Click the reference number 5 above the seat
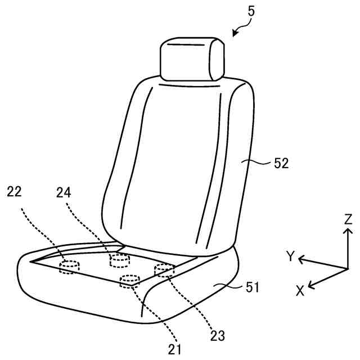tap(251, 11)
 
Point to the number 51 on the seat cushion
tap(252, 288)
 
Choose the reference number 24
tap(64, 192)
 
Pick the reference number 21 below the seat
tap(175, 349)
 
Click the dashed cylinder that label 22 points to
tap(70, 267)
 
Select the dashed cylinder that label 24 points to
tap(119, 259)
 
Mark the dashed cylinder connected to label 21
tap(130, 280)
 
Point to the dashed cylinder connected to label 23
tap(164, 270)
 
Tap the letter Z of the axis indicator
tap(348, 219)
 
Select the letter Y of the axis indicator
tap(290, 256)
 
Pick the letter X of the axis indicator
tap(300, 290)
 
